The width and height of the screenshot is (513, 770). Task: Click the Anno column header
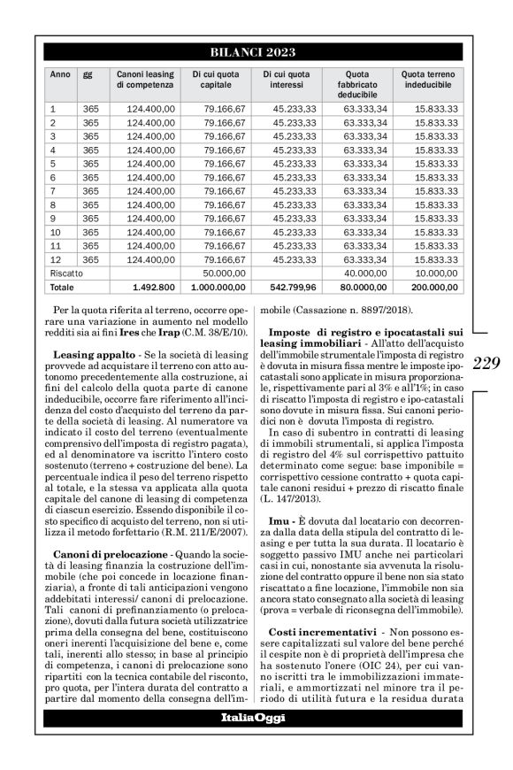pos(58,74)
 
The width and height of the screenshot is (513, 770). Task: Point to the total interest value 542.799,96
pos(287,288)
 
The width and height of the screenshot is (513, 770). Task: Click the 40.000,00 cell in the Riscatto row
pos(363,273)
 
